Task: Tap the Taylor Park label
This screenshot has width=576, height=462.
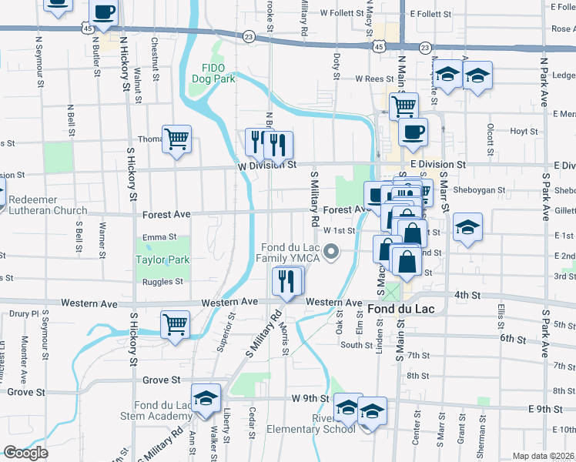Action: click(x=162, y=259)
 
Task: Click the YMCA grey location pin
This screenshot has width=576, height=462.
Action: click(x=332, y=251)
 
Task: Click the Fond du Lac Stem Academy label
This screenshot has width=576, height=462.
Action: click(x=163, y=411)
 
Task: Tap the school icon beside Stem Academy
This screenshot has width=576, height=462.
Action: click(x=206, y=397)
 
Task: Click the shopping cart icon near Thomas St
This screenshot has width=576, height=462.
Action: click(x=177, y=139)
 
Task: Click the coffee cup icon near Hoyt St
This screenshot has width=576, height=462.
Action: click(x=413, y=132)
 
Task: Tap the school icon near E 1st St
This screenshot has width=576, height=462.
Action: click(x=467, y=229)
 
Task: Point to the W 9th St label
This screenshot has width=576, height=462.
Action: click(x=310, y=398)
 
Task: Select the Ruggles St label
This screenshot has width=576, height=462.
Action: click(x=162, y=282)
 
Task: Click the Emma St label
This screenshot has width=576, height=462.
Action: click(x=159, y=237)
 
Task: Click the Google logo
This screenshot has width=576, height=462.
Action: click(x=25, y=453)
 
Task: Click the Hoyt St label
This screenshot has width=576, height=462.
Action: click(x=524, y=132)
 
